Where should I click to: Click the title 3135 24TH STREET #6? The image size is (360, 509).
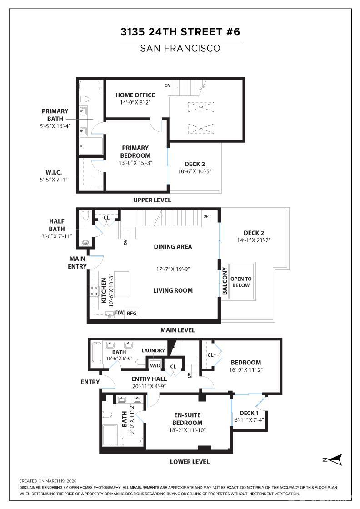tap(180, 32)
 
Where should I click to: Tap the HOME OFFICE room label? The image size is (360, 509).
tap(135, 95)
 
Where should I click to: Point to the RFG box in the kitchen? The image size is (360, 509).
tap(132, 313)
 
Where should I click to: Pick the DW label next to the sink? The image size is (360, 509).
tap(119, 312)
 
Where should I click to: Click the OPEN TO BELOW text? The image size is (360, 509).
tap(241, 282)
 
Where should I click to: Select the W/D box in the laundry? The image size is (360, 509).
tap(155, 365)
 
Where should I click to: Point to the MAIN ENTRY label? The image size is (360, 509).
tap(77, 262)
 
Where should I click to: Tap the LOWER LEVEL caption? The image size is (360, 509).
tap(190, 462)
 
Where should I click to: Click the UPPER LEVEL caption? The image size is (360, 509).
tap(152, 200)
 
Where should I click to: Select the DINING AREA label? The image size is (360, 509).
tap(173, 246)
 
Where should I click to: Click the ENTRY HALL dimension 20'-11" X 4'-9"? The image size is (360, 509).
tap(149, 387)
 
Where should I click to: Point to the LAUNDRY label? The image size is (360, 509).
tap(153, 350)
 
